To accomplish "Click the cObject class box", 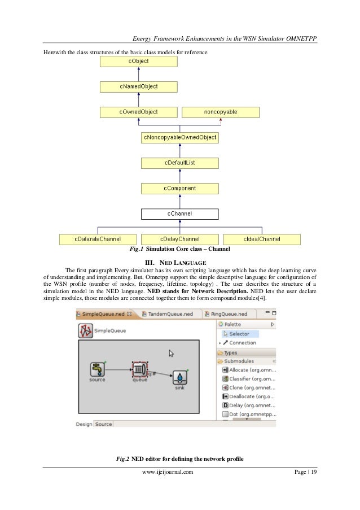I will click(138, 61).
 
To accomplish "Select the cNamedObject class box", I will click(138, 86).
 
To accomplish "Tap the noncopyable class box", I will click(220, 112).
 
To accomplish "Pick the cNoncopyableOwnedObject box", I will click(179, 137).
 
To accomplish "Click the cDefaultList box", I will click(179, 163).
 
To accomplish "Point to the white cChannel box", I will click(179, 213).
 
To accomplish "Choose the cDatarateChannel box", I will click(98, 239).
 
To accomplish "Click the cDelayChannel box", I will click(179, 239).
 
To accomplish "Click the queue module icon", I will click(139, 369).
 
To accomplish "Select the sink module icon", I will click(179, 377).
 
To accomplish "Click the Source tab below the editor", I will click(103, 424).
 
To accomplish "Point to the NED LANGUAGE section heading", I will click(179, 262).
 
